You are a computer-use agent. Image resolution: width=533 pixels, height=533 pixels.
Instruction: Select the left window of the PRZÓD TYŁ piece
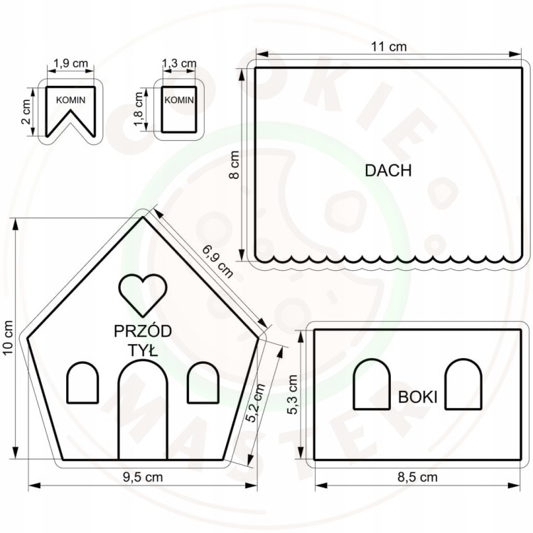click(x=82, y=383)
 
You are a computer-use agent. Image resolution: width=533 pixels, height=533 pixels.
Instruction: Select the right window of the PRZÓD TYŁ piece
click(x=203, y=383)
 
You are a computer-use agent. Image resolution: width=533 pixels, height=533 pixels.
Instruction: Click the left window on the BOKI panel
click(x=372, y=384)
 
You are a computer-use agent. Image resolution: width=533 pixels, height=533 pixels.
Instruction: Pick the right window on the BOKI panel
click(x=463, y=384)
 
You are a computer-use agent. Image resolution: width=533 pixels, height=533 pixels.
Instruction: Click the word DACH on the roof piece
click(x=388, y=171)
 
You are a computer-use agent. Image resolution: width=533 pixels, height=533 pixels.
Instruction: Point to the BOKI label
click(x=417, y=397)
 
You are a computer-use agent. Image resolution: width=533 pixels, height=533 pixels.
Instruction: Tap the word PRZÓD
click(x=143, y=330)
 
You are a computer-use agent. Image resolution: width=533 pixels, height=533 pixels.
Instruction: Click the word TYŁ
click(x=143, y=350)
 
